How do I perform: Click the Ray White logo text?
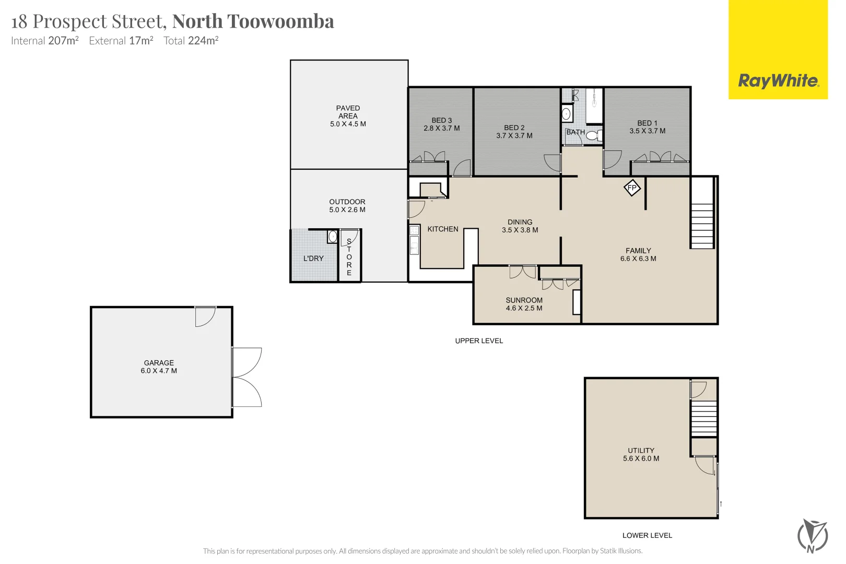[778, 80]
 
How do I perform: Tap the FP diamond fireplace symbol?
[632, 188]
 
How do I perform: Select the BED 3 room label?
[442, 121]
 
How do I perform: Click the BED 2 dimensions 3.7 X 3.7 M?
[514, 136]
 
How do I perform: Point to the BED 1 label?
[647, 123]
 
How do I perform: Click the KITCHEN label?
[443, 229]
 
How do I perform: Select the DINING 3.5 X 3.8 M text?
[520, 226]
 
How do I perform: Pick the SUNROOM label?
[524, 300]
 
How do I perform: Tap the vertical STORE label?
[349, 257]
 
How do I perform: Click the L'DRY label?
[313, 258]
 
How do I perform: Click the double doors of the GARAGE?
[247, 377]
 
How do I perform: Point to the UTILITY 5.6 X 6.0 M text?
[641, 454]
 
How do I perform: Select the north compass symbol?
[812, 535]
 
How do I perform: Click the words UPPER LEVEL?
[479, 341]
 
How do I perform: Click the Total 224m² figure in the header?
[191, 41]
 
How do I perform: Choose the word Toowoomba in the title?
[280, 21]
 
